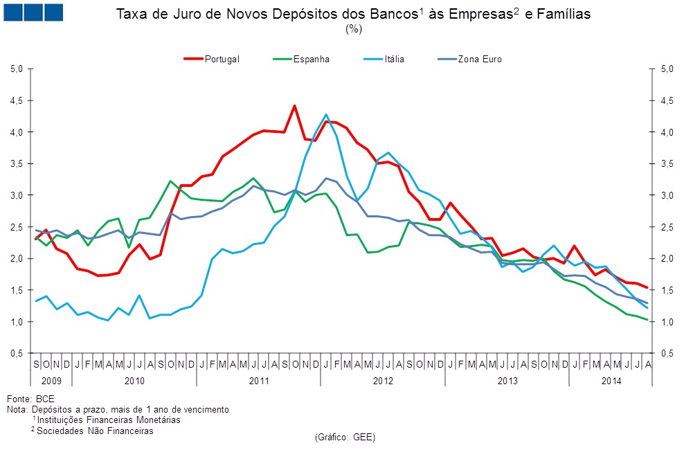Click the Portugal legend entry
tap(222, 60)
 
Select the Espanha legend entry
tap(311, 60)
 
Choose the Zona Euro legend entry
tap(479, 60)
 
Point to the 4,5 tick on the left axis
tap(17, 100)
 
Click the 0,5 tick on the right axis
tap(663, 354)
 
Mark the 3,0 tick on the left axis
tap(17, 195)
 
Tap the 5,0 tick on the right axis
tap(663, 69)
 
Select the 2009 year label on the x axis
tap(51, 380)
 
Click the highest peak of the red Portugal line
tap(294, 106)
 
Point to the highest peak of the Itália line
tap(326, 114)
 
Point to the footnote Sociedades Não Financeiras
tap(95, 431)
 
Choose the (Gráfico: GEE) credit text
tap(344, 438)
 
